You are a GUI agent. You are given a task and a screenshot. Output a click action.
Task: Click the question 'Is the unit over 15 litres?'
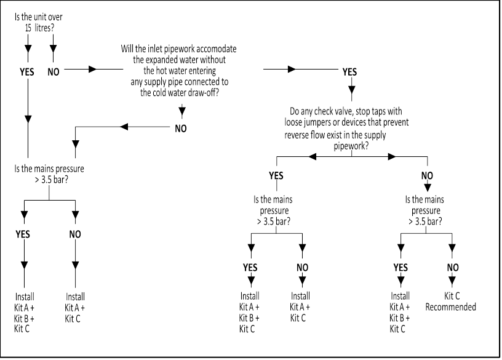click(38, 22)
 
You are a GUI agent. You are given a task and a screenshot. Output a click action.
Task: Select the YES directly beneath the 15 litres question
click(26, 71)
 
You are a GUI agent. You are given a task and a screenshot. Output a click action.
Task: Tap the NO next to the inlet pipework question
click(54, 71)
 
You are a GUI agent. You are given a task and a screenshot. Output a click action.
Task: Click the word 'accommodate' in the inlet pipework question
click(216, 49)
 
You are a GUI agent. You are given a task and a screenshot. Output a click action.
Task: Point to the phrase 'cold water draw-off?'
click(181, 92)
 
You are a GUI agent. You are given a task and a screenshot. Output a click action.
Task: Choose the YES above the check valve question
click(349, 72)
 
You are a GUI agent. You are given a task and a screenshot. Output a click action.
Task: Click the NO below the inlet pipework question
click(181, 129)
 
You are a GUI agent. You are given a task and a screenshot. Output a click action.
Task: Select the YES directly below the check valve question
click(276, 175)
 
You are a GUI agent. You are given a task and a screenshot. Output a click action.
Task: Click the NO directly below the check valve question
click(427, 175)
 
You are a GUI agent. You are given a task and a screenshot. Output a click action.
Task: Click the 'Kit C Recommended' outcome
click(452, 301)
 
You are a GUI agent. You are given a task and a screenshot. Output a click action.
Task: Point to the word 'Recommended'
click(452, 306)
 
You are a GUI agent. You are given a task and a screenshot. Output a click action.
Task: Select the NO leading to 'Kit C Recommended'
click(452, 267)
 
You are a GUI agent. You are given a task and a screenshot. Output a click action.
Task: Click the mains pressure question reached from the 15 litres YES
click(49, 173)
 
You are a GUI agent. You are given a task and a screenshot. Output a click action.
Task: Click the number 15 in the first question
click(21, 28)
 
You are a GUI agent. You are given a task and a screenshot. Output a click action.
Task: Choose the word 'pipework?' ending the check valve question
click(348, 146)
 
